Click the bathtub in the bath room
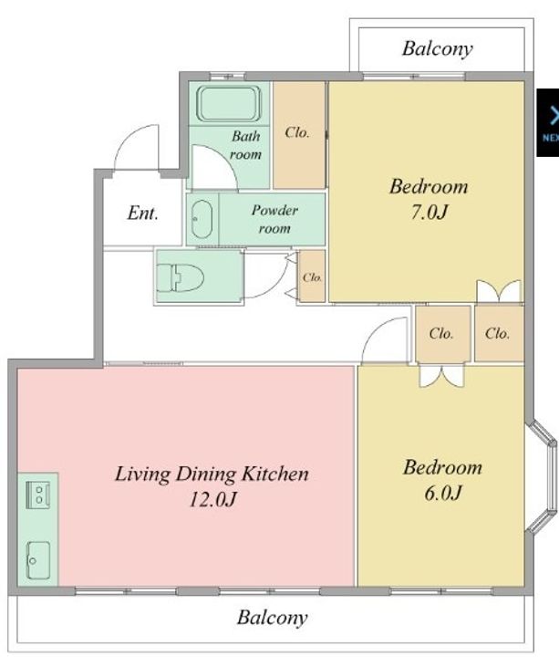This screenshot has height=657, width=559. pyautogui.click(x=229, y=103)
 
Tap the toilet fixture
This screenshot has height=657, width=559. pyautogui.click(x=180, y=277)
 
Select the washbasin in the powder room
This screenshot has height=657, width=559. pyautogui.click(x=202, y=219)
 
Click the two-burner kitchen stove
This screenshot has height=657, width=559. pyautogui.click(x=38, y=495)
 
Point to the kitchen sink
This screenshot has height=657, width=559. pyautogui.click(x=38, y=559)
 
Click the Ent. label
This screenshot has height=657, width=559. pyautogui.click(x=143, y=213)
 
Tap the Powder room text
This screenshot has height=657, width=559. pyautogui.click(x=274, y=219)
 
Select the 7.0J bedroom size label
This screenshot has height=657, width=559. pyautogui.click(x=429, y=212)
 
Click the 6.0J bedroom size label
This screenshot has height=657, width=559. pyautogui.click(x=442, y=493)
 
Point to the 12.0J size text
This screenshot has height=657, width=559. pyautogui.click(x=213, y=499)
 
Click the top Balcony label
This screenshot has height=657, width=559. pyautogui.click(x=438, y=49)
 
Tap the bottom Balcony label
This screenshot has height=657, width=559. pyautogui.click(x=272, y=618)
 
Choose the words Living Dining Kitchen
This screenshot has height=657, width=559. pyautogui.click(x=212, y=474)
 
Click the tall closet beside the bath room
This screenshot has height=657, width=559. pyautogui.click(x=299, y=135)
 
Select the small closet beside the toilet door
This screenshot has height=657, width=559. pyautogui.click(x=312, y=276)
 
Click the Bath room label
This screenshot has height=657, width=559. pyautogui.click(x=246, y=145)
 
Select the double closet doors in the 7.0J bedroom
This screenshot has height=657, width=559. pyautogui.click(x=499, y=291)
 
